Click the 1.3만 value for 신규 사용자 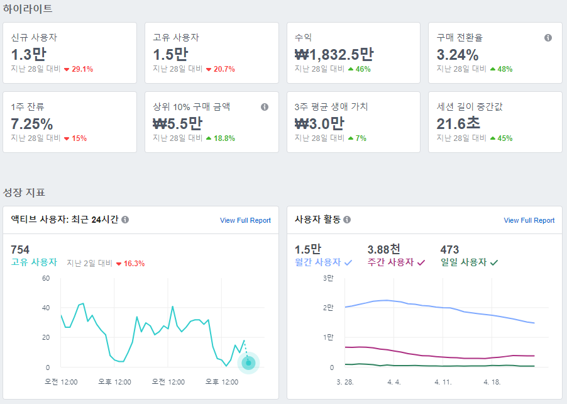click(x=29, y=55)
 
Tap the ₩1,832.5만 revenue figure click(x=334, y=55)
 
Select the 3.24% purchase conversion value click(x=458, y=55)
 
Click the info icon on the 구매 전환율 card click(x=548, y=38)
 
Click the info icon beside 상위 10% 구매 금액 click(x=265, y=107)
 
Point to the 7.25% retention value click(x=32, y=124)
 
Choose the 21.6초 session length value click(x=458, y=124)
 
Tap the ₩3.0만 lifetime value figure click(x=319, y=124)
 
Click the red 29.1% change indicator click(x=79, y=69)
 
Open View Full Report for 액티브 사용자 click(x=245, y=220)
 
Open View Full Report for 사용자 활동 click(x=529, y=220)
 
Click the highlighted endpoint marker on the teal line click(x=248, y=362)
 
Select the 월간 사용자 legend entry click(x=323, y=262)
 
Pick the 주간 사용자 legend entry click(x=396, y=262)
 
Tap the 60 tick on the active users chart click(x=46, y=278)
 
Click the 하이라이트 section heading click(x=28, y=9)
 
